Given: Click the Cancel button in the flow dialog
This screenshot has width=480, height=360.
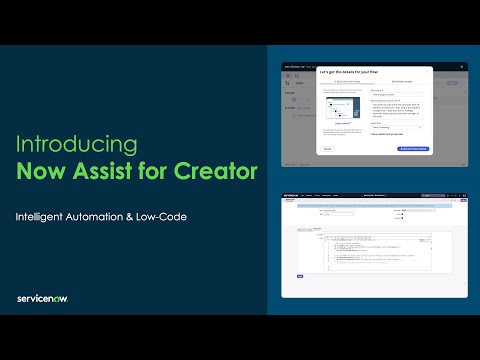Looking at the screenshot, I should click(327, 147).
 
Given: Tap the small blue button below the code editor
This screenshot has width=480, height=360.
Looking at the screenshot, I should click(300, 277).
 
